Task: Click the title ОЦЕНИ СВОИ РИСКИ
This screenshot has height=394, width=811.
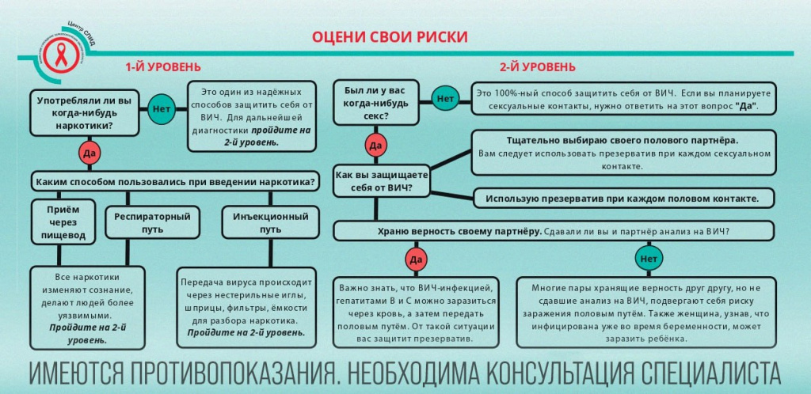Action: click(x=389, y=37)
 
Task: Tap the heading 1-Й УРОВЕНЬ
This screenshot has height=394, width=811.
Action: click(x=162, y=67)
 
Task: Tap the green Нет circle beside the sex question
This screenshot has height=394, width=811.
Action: click(x=446, y=99)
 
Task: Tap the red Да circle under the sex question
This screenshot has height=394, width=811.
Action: click(x=376, y=146)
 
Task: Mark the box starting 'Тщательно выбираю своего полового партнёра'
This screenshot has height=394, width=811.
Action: click(x=623, y=153)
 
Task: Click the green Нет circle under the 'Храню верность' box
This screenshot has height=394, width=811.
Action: click(x=649, y=258)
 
